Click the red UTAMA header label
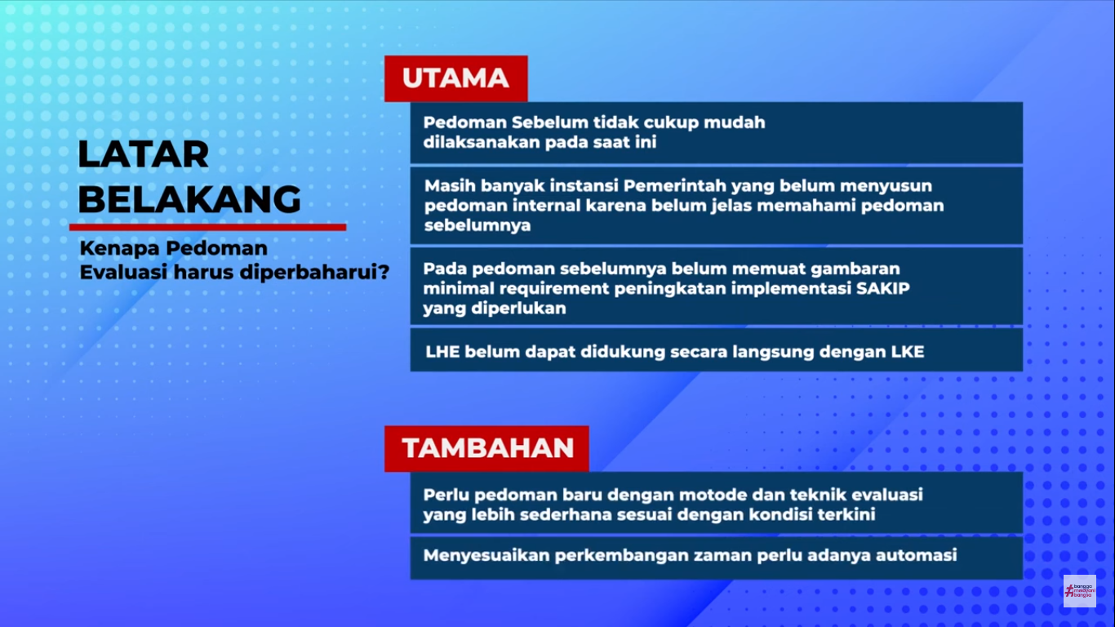coord(456,78)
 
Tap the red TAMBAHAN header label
coord(486,448)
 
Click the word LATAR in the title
coord(144,154)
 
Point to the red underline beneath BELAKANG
coord(207,227)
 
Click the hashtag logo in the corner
coord(1079,590)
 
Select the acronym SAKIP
coord(882,288)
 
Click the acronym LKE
coord(908,352)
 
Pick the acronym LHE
coord(442,352)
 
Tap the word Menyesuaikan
coord(486,556)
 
